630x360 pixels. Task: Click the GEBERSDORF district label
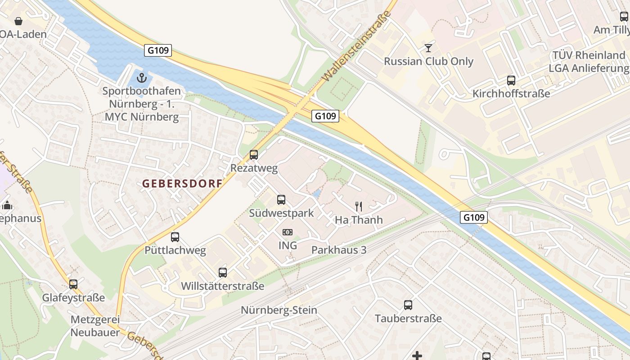coord(182,184)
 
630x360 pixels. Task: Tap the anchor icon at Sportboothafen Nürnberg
coord(142,78)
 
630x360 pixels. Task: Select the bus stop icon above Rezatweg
coord(254,155)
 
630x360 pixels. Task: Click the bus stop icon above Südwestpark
coord(281,199)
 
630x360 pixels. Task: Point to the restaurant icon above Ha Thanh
coord(359,207)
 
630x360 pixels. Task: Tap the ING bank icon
coord(288,232)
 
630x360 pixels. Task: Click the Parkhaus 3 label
coord(339,250)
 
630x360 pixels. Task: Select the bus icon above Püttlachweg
coord(175,237)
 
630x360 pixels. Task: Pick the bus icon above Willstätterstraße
coord(223,272)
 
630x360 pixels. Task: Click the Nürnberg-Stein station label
coord(279,310)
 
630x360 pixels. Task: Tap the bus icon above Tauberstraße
coord(408,305)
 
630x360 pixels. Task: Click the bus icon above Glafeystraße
coord(73,284)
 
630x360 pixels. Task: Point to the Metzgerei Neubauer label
coord(95,326)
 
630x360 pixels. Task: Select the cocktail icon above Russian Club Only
coord(428,48)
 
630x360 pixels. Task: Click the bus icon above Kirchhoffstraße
coord(511,81)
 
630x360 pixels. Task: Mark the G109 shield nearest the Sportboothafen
coord(158,50)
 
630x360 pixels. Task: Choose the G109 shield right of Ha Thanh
coord(474,218)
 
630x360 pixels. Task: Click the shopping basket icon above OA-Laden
coord(18,21)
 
